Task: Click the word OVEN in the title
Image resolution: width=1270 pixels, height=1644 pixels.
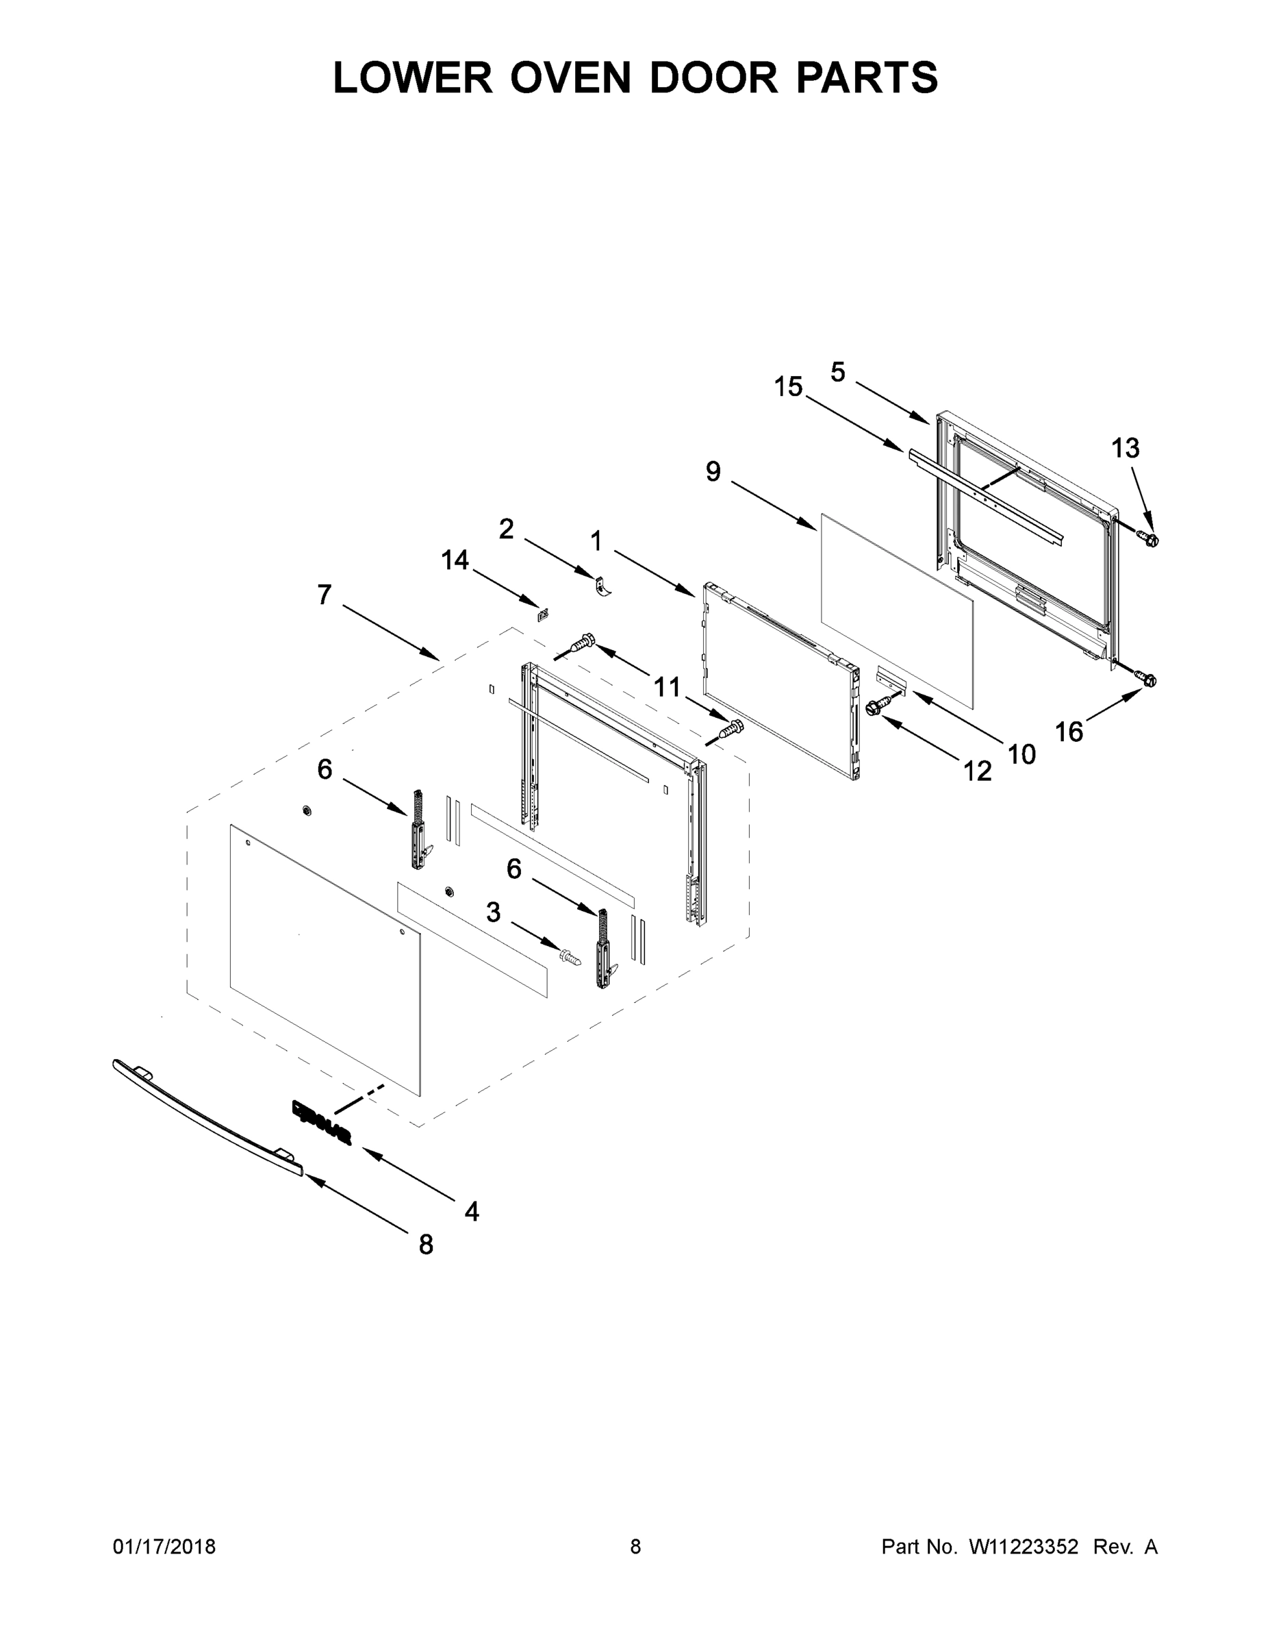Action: [570, 77]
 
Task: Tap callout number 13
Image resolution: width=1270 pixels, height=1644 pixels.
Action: [1126, 449]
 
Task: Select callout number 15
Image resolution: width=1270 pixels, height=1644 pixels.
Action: [789, 387]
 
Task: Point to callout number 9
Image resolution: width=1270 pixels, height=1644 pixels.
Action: [713, 472]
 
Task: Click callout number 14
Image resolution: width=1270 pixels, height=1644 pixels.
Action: [455, 560]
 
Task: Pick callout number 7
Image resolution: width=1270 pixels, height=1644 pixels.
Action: [325, 595]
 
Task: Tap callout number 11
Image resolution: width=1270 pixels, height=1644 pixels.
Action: [667, 686]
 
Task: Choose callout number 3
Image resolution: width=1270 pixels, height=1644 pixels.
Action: [493, 912]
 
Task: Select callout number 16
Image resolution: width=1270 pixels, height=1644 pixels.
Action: [1068, 731]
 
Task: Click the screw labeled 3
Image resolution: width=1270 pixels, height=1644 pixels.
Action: [571, 958]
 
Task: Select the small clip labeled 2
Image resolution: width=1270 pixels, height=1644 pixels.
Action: [602, 586]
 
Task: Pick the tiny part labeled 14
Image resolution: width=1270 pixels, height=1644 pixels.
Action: [542, 615]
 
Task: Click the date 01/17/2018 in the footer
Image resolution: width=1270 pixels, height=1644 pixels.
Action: [164, 1547]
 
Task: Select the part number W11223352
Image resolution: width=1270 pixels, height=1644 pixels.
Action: [1024, 1547]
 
